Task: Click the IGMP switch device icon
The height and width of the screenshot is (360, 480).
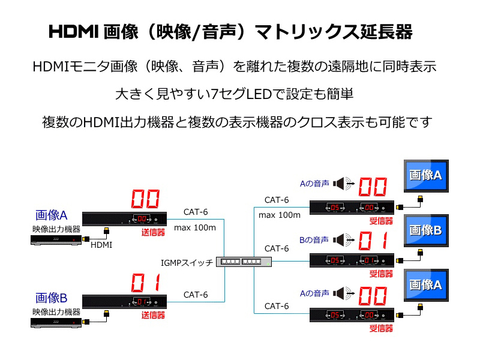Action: click(x=244, y=262)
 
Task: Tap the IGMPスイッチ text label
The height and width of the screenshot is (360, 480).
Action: click(x=187, y=263)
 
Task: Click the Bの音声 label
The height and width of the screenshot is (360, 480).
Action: click(x=314, y=240)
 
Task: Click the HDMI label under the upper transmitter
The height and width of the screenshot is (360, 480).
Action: click(x=101, y=245)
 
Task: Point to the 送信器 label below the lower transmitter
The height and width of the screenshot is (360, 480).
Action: click(x=153, y=315)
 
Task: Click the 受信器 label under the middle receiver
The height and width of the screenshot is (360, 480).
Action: click(x=381, y=274)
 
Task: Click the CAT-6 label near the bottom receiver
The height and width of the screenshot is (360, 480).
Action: click(x=277, y=306)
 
